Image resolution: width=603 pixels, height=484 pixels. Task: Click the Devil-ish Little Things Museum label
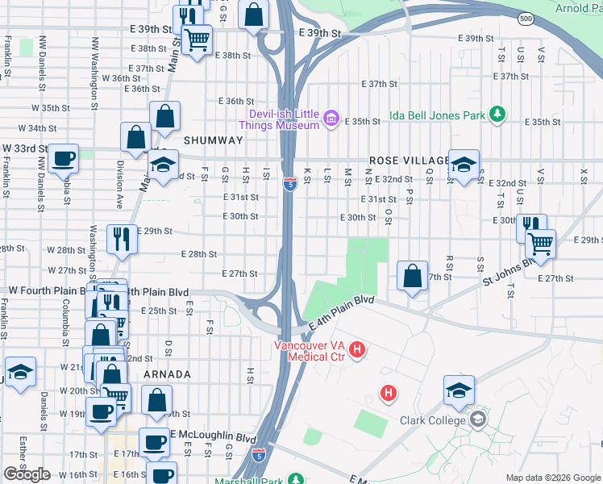[279, 119]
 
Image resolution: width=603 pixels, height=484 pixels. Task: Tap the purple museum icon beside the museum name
[331, 120]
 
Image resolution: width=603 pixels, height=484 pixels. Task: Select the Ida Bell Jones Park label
[438, 115]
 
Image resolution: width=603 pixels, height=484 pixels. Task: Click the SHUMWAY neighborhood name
[213, 140]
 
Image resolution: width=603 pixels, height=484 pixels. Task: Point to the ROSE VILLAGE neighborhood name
[407, 161]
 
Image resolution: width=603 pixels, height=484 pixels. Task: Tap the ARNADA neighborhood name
[167, 374]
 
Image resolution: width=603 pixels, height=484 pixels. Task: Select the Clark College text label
[433, 420]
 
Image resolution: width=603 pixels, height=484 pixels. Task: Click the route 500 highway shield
[526, 19]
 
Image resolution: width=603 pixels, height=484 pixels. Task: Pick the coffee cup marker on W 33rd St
[64, 159]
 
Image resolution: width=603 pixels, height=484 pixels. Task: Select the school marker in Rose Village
[464, 165]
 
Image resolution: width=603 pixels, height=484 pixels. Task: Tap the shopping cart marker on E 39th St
[197, 39]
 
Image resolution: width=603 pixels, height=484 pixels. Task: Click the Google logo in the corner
[27, 474]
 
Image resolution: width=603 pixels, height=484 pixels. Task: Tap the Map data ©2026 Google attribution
[553, 478]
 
